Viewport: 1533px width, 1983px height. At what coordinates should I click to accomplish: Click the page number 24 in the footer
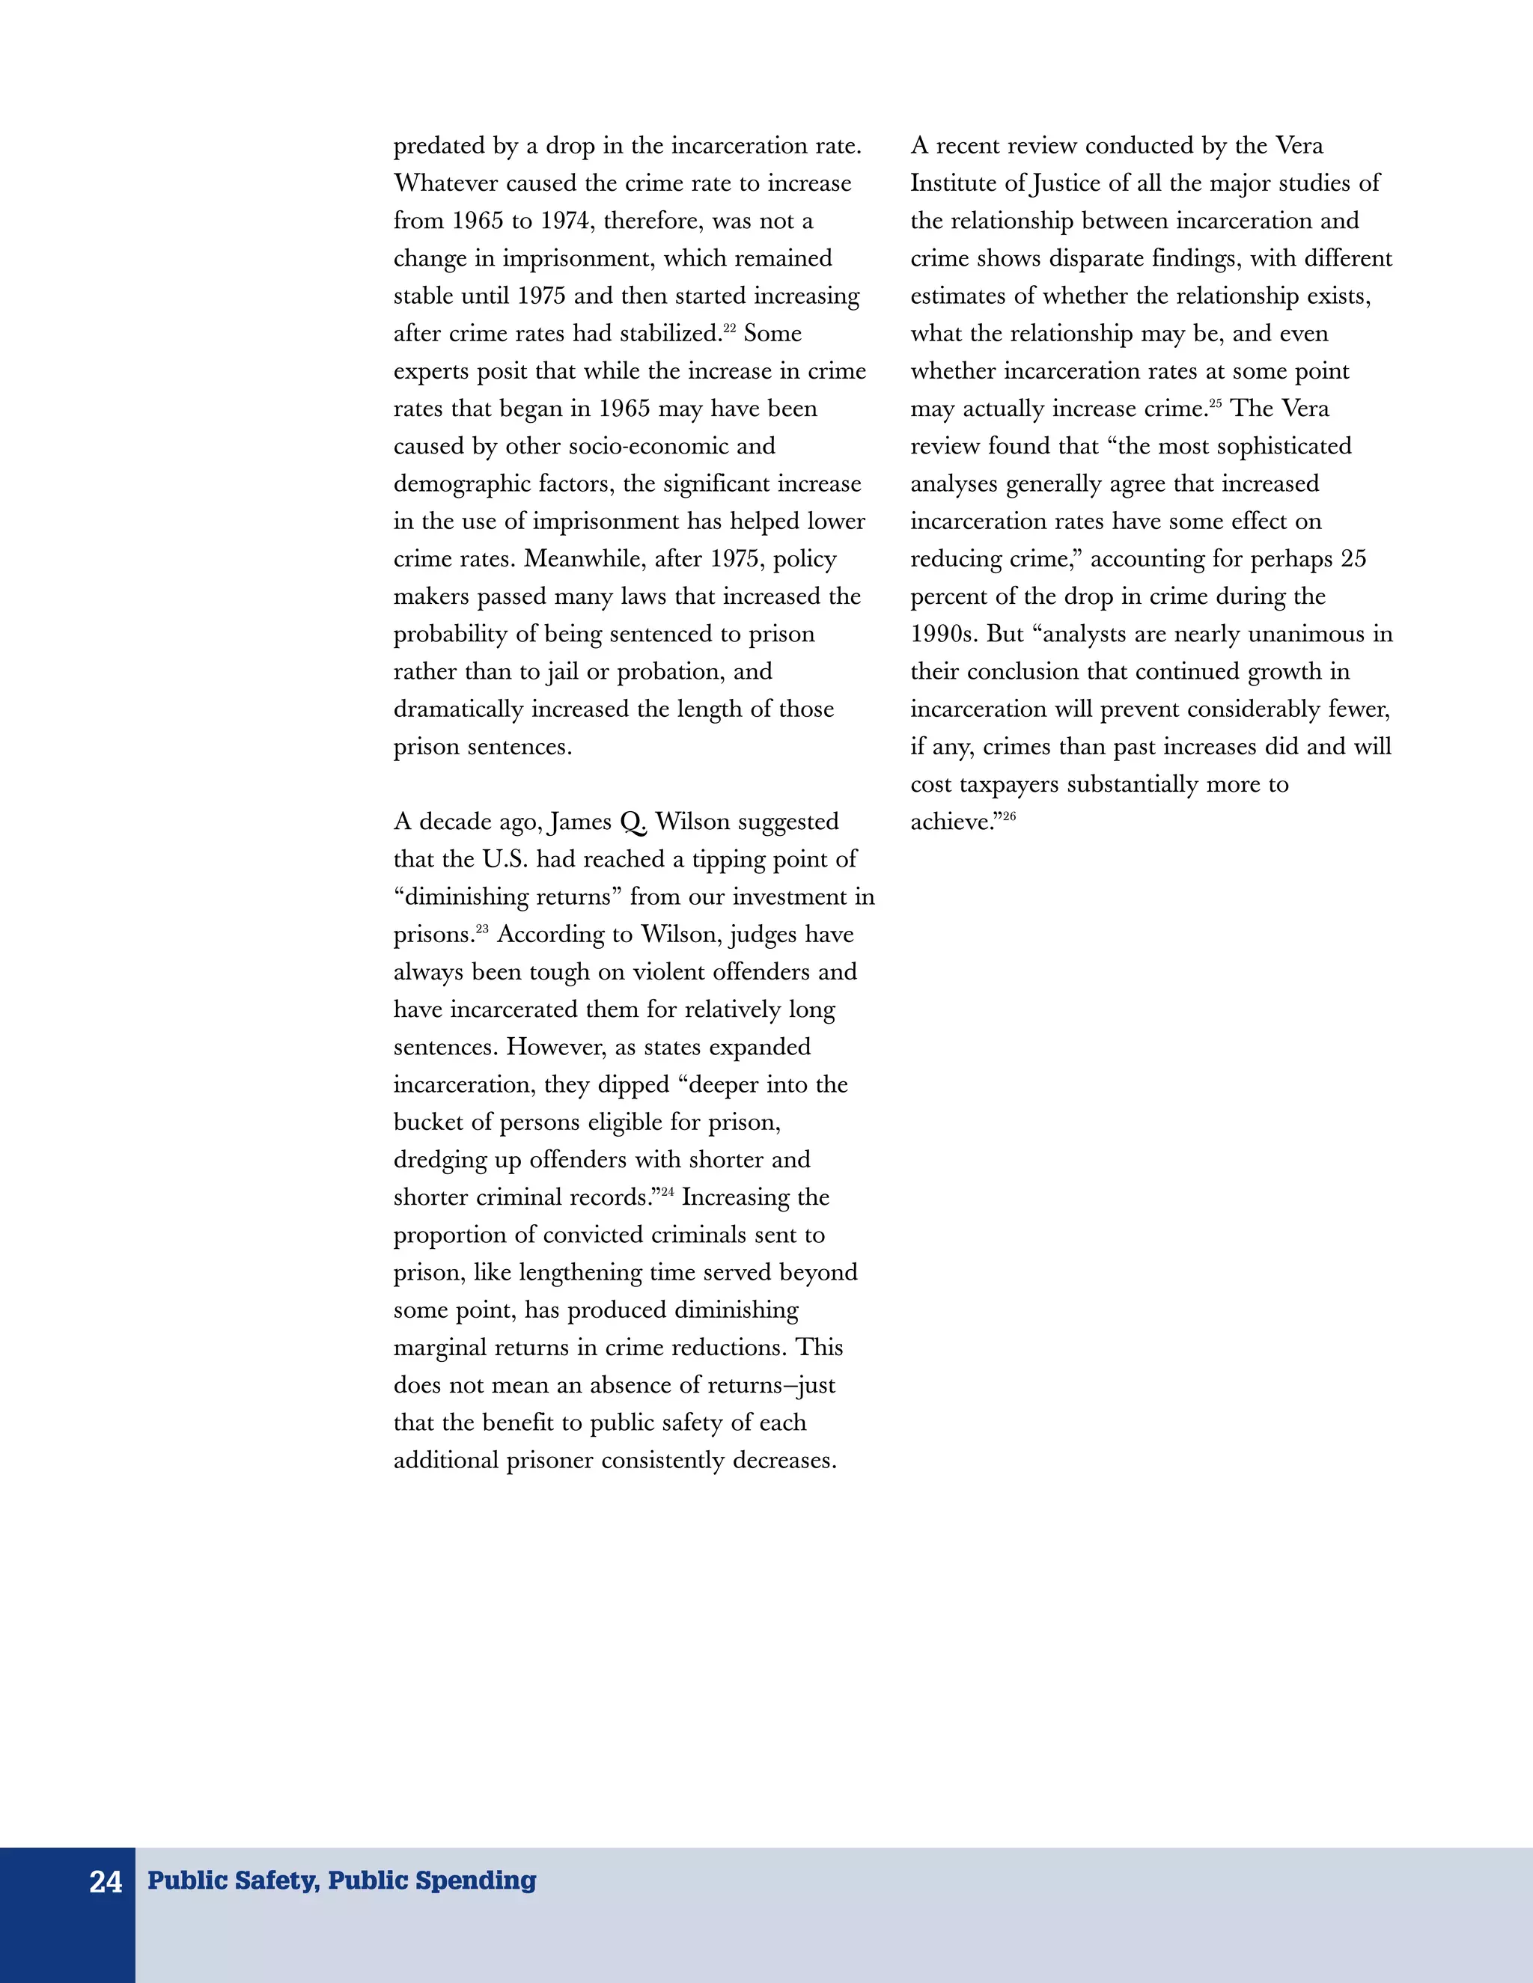[x=106, y=1882]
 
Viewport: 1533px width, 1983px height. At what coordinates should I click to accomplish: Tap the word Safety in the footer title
[x=278, y=1880]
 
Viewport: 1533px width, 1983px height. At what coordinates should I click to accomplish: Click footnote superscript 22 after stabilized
[x=729, y=328]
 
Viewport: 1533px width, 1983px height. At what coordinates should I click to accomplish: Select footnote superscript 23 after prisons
[x=481, y=929]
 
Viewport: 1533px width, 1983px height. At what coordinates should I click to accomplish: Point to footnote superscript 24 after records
[x=667, y=1191]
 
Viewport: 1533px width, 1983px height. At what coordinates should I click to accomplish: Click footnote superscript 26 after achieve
[x=1009, y=816]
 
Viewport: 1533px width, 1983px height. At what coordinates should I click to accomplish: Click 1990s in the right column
[x=944, y=634]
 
